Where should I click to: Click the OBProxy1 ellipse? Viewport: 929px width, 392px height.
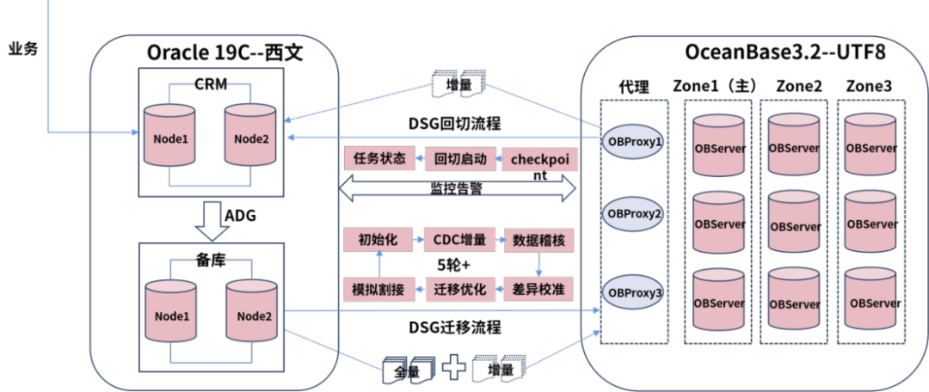click(634, 140)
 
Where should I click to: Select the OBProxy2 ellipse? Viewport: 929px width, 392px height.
click(634, 212)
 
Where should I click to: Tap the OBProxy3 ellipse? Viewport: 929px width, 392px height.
click(634, 293)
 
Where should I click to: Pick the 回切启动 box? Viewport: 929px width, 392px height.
click(461, 159)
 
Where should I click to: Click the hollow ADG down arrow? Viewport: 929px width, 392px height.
click(210, 220)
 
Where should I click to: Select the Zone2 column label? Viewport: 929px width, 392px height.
click(798, 86)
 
